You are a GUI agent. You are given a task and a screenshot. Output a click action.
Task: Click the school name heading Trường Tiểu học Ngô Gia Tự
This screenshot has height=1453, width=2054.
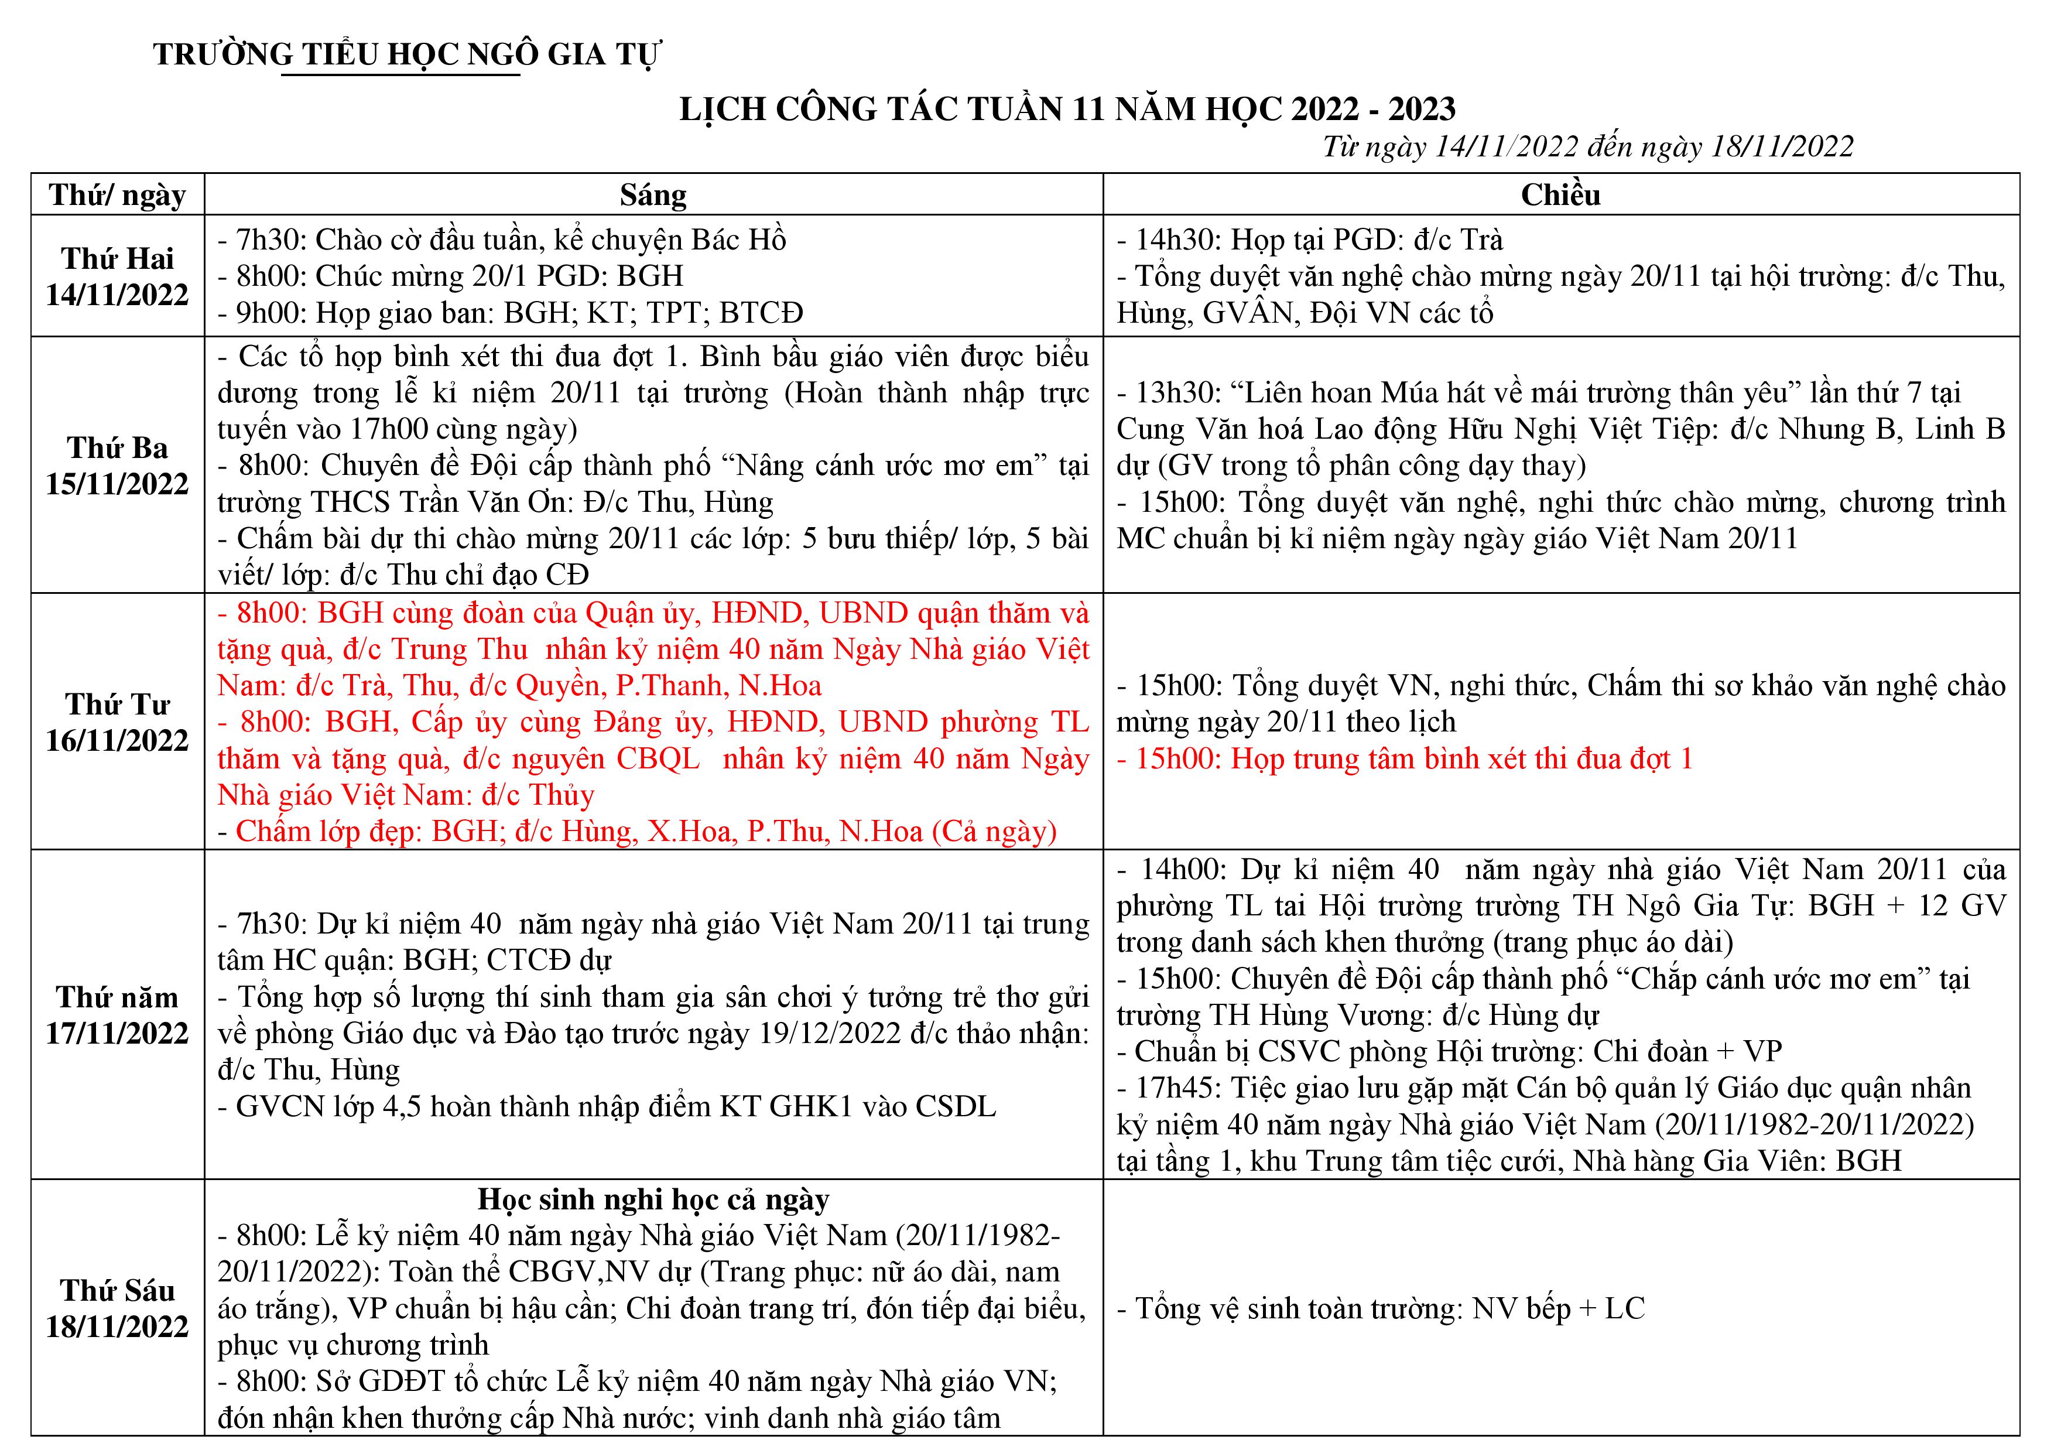(407, 54)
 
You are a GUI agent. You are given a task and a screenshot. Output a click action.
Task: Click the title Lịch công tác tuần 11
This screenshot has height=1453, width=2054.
(1067, 109)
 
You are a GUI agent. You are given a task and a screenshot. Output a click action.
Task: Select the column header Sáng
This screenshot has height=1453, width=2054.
(653, 195)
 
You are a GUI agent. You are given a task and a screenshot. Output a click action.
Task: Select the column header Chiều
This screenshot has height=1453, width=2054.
(1560, 195)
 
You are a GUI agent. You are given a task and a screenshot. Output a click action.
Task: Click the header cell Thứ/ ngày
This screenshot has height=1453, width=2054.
(117, 195)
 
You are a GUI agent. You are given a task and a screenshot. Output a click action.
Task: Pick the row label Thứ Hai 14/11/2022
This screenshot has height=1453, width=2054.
(117, 276)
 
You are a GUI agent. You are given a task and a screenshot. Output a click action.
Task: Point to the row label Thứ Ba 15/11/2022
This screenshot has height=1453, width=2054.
(117, 465)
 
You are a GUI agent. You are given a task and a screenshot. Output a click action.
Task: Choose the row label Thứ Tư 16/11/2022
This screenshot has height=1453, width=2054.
(117, 722)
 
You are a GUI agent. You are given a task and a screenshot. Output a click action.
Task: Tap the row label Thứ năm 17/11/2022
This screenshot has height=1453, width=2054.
(117, 1014)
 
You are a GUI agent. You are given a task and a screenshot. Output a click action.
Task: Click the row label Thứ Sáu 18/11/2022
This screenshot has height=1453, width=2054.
(117, 1308)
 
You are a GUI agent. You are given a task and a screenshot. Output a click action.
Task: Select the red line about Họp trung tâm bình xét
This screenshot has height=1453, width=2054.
(1405, 758)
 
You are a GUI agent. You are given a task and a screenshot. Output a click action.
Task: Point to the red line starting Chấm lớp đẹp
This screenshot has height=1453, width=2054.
(637, 831)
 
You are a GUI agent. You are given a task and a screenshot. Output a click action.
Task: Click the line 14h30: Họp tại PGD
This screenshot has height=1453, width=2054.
(1310, 240)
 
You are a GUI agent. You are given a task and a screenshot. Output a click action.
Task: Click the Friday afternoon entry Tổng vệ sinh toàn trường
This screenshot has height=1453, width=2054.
(1381, 1308)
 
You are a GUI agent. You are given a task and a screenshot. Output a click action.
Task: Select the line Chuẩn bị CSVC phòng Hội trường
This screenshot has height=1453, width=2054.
(1449, 1051)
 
